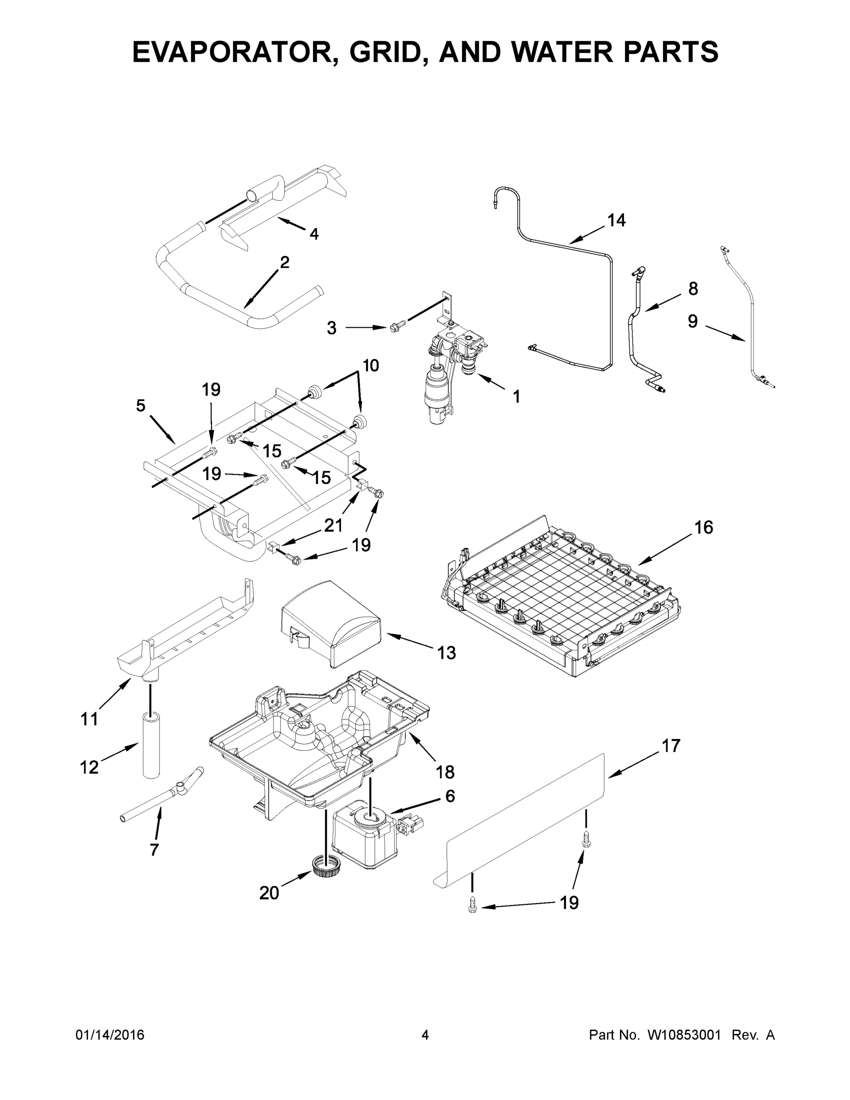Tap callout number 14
(x=616, y=220)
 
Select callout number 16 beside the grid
(x=703, y=528)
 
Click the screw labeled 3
(x=396, y=327)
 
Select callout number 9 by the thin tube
(x=692, y=321)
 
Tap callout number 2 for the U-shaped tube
(x=285, y=262)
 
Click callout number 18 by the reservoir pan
(x=445, y=772)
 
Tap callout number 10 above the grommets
(x=370, y=365)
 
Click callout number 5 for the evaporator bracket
(x=141, y=406)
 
